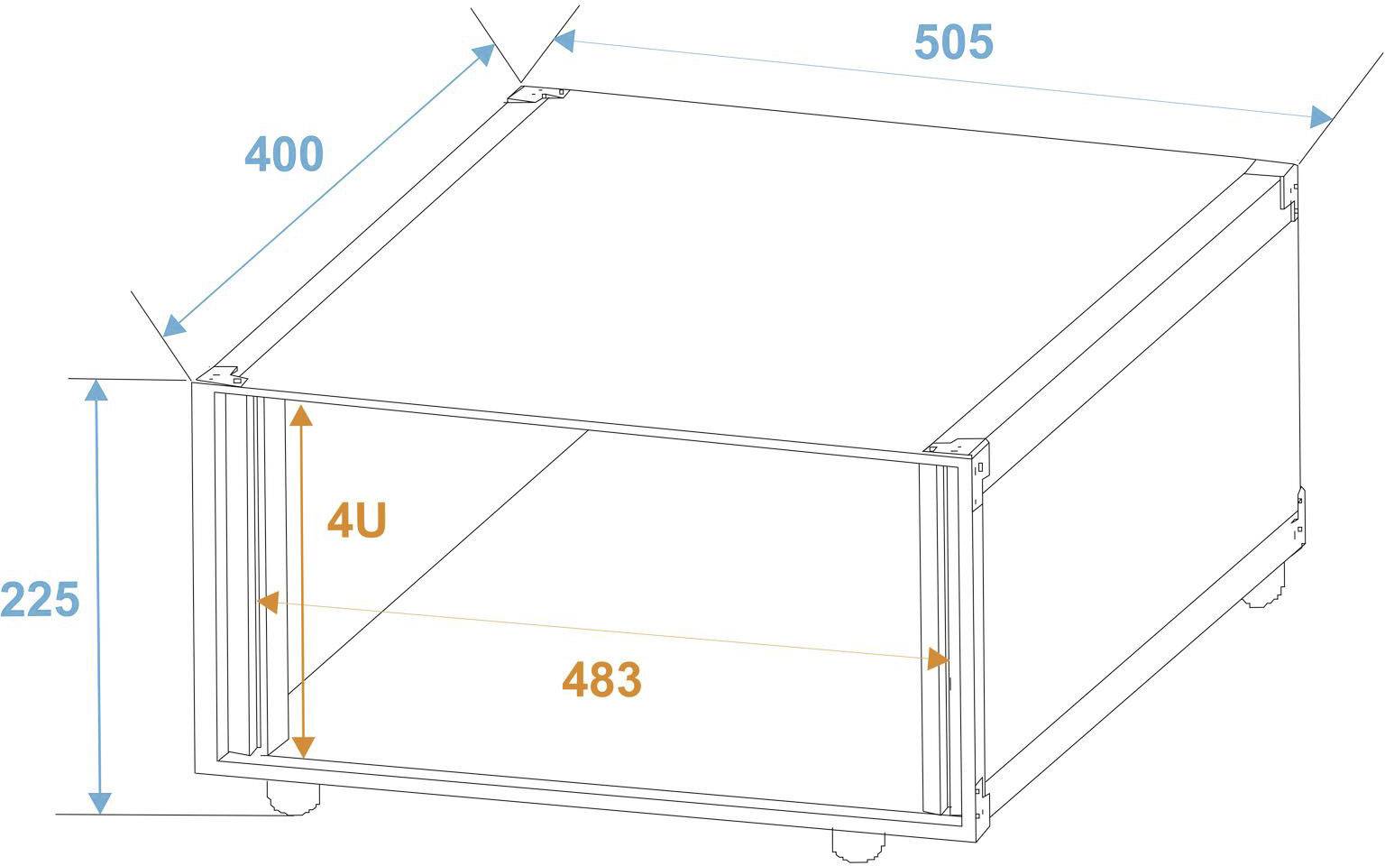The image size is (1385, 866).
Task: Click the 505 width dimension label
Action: click(x=953, y=42)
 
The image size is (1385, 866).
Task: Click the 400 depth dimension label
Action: click(x=284, y=154)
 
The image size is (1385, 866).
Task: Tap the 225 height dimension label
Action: click(x=41, y=600)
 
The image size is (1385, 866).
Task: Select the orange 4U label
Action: click(x=357, y=521)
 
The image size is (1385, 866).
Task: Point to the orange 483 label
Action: click(x=601, y=680)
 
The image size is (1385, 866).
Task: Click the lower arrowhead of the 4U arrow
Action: click(x=303, y=746)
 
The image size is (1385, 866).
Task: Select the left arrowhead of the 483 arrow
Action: click(x=267, y=601)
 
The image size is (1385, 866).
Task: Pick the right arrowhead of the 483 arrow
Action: click(x=939, y=659)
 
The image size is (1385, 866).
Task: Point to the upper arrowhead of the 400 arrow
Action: click(x=484, y=54)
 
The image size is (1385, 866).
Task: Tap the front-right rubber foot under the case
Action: click(x=858, y=843)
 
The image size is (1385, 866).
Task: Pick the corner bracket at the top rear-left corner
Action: click(x=534, y=94)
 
